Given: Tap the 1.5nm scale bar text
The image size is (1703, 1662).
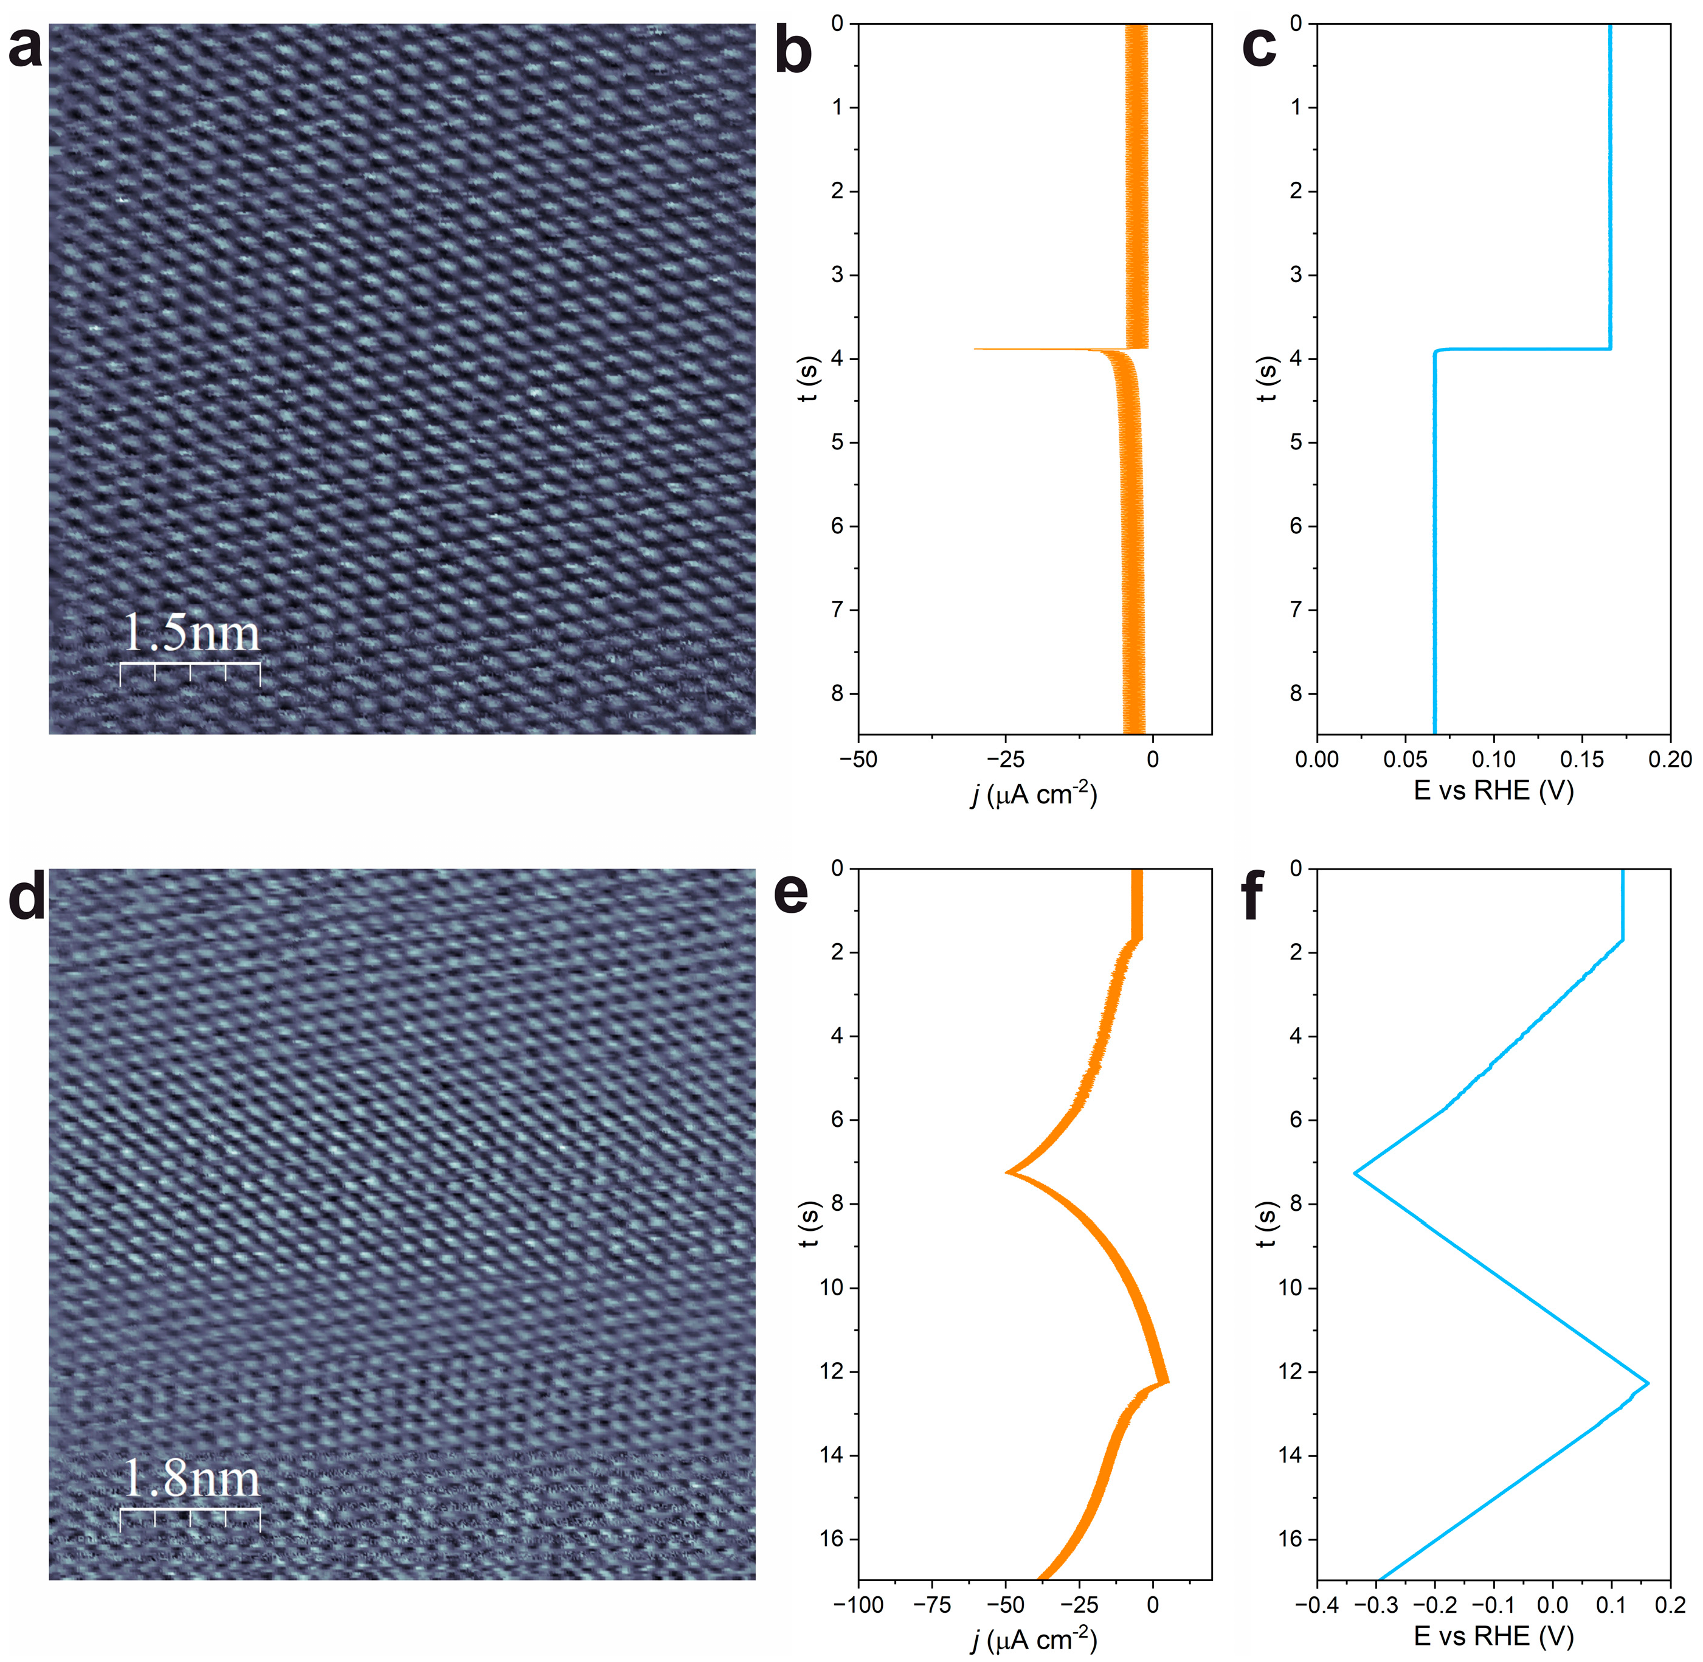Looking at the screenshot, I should point(190,633).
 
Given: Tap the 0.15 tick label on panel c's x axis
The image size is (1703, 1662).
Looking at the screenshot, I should point(1581,760).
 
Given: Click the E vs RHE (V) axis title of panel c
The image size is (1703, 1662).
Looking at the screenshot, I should point(1493,791).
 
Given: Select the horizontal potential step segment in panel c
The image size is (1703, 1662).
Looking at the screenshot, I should point(1522,349).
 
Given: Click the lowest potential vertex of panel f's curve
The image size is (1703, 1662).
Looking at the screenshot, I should point(1355,1173).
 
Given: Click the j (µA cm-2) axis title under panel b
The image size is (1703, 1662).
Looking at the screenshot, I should point(1034,794).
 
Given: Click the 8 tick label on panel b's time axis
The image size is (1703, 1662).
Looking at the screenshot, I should point(838,694).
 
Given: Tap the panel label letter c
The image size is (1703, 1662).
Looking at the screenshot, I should point(1258,48).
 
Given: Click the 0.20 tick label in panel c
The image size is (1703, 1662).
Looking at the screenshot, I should point(1670,760).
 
